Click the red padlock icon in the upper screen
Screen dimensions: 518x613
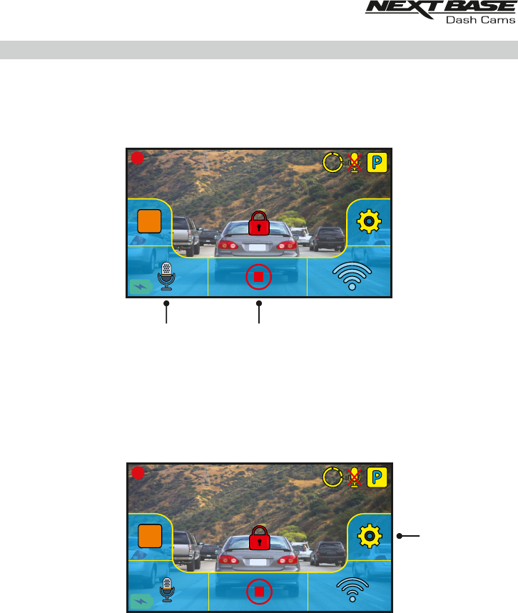258,224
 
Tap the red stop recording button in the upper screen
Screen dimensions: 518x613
258,276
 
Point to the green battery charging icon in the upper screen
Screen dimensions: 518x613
140,287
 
